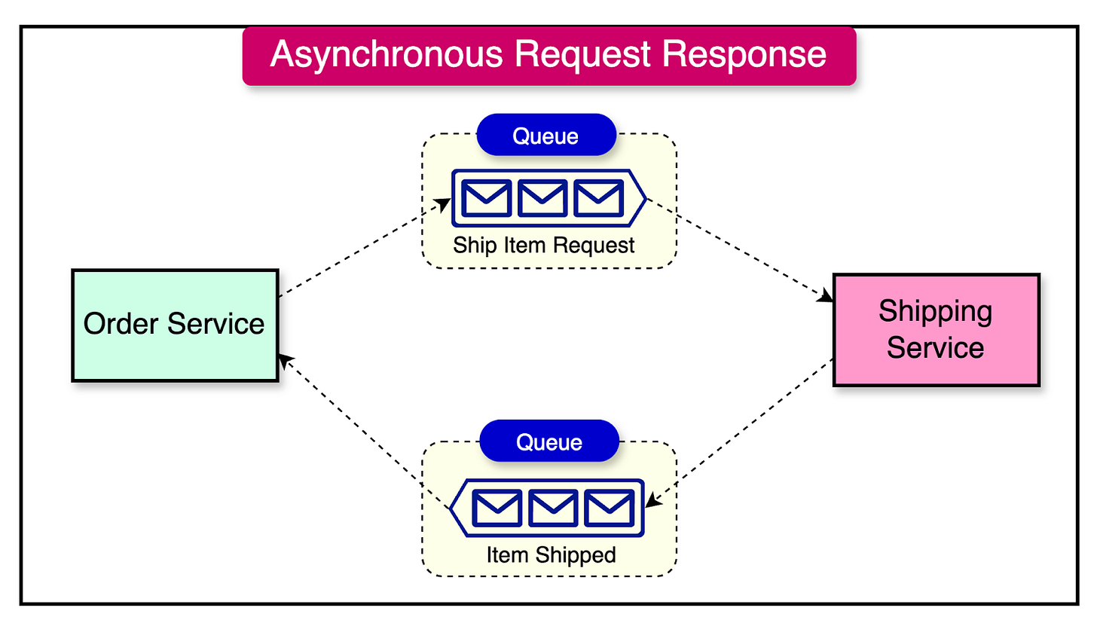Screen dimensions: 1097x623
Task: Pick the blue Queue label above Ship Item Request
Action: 545,136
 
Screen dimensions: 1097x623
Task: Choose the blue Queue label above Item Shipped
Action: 548,441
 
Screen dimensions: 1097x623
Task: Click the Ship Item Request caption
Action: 544,245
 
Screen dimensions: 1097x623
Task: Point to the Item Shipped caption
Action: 551,555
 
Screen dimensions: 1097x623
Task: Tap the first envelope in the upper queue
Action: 484,197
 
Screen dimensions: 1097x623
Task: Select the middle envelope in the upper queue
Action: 542,197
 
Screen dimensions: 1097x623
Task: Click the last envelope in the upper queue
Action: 598,197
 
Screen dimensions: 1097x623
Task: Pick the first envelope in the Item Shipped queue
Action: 496,508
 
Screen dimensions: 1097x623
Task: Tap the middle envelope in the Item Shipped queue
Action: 552,508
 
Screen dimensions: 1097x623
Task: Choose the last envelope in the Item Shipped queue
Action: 609,508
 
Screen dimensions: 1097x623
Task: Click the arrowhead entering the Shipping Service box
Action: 827,298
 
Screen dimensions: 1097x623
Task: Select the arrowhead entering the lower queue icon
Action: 652,502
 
